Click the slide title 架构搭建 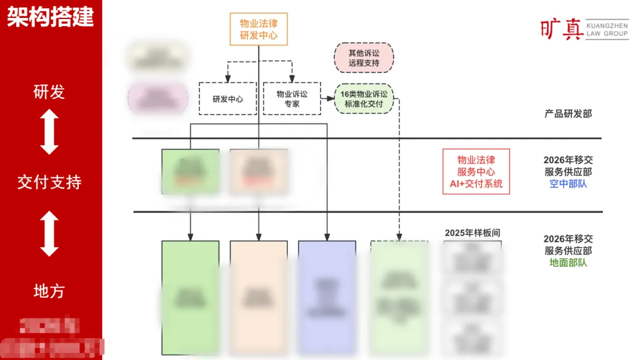click(x=50, y=17)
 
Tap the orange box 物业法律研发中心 click(x=258, y=29)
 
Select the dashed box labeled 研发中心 click(x=228, y=99)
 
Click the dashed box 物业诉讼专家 click(x=292, y=98)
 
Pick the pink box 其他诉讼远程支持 click(x=364, y=58)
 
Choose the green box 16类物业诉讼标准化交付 click(x=364, y=99)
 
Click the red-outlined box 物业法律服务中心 click(x=476, y=171)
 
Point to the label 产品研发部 click(x=568, y=113)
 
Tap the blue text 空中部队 click(x=568, y=184)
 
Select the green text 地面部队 click(x=568, y=262)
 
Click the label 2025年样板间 click(x=472, y=233)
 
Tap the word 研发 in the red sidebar click(x=49, y=92)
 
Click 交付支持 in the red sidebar click(x=49, y=182)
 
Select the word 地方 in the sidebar click(x=49, y=291)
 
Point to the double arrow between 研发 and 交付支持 click(x=49, y=132)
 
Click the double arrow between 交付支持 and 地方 click(x=49, y=234)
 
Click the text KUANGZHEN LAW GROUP click(x=607, y=30)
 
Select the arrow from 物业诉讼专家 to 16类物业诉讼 click(x=328, y=97)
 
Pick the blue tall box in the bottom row click(x=327, y=297)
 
